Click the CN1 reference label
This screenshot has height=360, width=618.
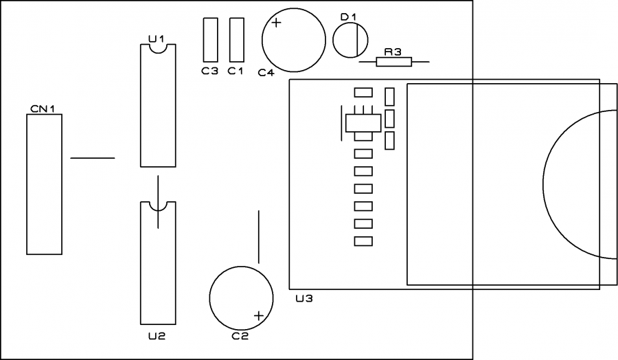click(x=43, y=109)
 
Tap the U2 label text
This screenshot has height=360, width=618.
click(x=157, y=336)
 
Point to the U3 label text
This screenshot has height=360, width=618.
click(x=304, y=299)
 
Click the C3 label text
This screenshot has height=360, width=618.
click(x=209, y=70)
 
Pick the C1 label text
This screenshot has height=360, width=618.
click(x=236, y=70)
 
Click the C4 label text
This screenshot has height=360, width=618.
click(x=266, y=72)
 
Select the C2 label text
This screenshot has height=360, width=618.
click(x=240, y=336)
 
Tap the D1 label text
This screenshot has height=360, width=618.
click(x=349, y=16)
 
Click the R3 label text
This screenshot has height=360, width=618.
click(x=393, y=52)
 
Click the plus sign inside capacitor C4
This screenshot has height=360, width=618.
click(x=276, y=23)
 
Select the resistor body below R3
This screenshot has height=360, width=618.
click(x=394, y=63)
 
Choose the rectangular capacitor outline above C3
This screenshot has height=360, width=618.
click(x=210, y=39)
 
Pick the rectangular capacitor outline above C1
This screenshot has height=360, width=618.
click(x=236, y=39)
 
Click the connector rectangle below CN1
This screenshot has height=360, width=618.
click(x=44, y=184)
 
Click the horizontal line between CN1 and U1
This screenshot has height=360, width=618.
click(x=92, y=158)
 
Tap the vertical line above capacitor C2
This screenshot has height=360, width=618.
click(x=259, y=237)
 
